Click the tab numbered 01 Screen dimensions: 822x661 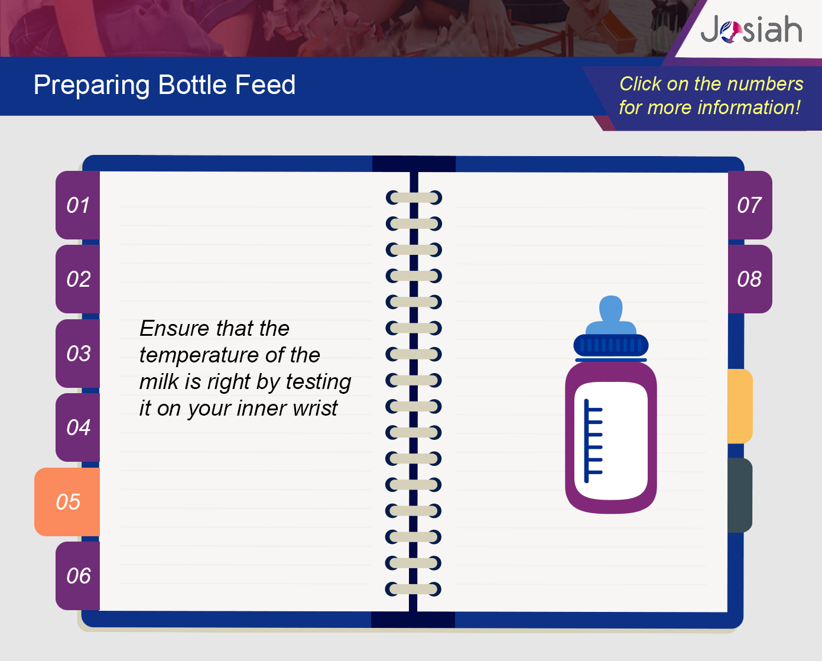pyautogui.click(x=78, y=205)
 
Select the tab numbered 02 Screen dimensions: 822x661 pyautogui.click(x=78, y=279)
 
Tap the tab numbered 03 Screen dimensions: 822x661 pyautogui.click(x=78, y=353)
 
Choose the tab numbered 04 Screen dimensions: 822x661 pyautogui.click(x=78, y=427)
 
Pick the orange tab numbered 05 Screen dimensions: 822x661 pyautogui.click(x=67, y=501)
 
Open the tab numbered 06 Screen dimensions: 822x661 pyautogui.click(x=78, y=576)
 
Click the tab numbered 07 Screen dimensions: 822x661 pyautogui.click(x=750, y=205)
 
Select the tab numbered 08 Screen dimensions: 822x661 pyautogui.click(x=750, y=279)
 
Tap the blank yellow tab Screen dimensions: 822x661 pyautogui.click(x=740, y=406)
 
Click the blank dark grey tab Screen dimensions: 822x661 pyautogui.click(x=740, y=495)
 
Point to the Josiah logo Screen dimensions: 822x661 pyautogui.click(x=751, y=29)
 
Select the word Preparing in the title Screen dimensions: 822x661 pyautogui.click(x=92, y=86)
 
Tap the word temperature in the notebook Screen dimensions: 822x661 pyautogui.click(x=199, y=355)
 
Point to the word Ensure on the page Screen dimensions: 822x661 pyautogui.click(x=174, y=328)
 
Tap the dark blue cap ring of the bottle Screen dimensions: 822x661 pyautogui.click(x=611, y=345)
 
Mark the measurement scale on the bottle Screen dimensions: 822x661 pyautogui.click(x=593, y=441)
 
